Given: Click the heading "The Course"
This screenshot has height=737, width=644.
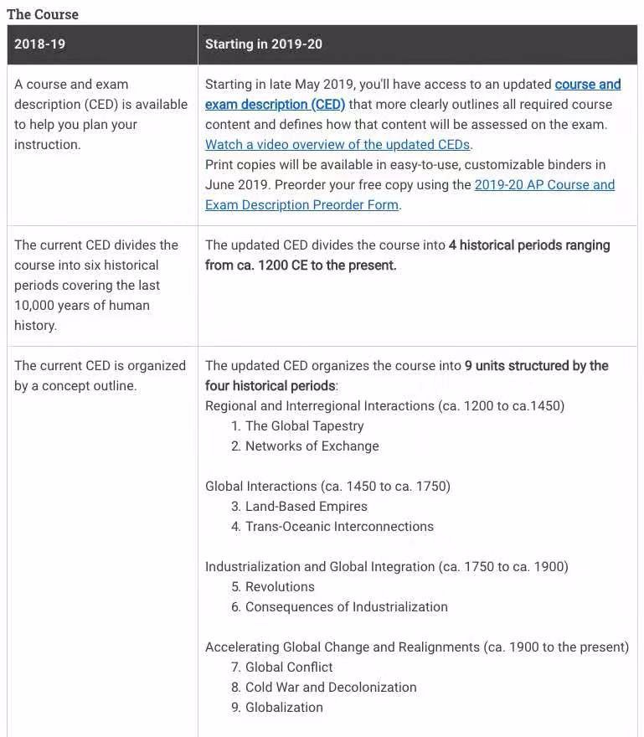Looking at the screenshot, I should pyautogui.click(x=43, y=14).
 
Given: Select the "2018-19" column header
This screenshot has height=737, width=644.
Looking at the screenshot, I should pyautogui.click(x=39, y=44).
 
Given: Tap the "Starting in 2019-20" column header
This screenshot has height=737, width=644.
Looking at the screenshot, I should pyautogui.click(x=263, y=44).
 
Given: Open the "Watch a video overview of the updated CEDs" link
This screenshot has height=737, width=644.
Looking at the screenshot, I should pyautogui.click(x=337, y=144).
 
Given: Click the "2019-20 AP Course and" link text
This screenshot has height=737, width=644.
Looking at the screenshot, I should pyautogui.click(x=544, y=184).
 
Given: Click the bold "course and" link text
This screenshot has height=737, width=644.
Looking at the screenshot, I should pyautogui.click(x=588, y=84).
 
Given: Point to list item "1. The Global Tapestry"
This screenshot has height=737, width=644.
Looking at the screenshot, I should pyautogui.click(x=297, y=425).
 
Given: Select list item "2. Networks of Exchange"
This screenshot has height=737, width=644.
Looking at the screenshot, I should pyautogui.click(x=305, y=446).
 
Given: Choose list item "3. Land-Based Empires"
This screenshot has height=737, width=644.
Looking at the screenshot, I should pyautogui.click(x=299, y=506).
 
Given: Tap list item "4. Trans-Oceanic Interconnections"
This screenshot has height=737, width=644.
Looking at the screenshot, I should pyautogui.click(x=332, y=526).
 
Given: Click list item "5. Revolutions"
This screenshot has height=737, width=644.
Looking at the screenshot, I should pyautogui.click(x=273, y=586).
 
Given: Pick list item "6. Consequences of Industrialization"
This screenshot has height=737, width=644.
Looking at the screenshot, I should pyautogui.click(x=339, y=606).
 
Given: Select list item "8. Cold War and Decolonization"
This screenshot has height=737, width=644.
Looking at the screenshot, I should pyautogui.click(x=323, y=687).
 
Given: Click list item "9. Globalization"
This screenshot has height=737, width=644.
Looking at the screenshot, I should pyautogui.click(x=277, y=707).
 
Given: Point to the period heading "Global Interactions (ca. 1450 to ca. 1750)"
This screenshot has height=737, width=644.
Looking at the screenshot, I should pyautogui.click(x=327, y=486).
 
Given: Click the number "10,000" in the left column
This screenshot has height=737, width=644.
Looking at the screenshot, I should pyautogui.click(x=36, y=305).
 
